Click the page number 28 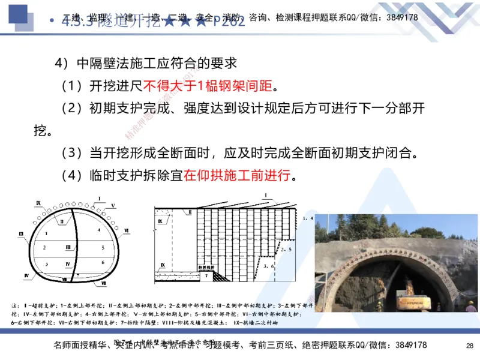469,346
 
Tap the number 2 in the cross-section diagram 45,247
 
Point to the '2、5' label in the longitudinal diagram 286,248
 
